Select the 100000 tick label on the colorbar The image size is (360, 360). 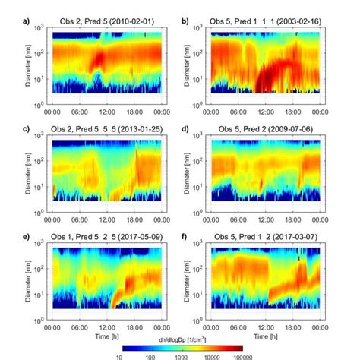tap(242, 355)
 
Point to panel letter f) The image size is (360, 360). tap(185, 237)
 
